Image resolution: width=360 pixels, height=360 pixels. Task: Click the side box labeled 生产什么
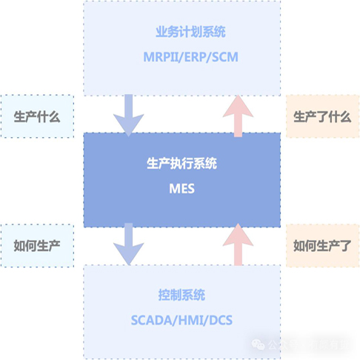pos(37,116)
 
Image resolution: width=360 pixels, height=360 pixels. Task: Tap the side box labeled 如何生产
pos(37,245)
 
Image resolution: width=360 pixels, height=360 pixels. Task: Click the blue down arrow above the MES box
pos(128,116)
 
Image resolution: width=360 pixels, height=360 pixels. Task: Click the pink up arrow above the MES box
pos(238,116)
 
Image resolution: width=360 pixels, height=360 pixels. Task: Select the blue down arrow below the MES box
pos(128,245)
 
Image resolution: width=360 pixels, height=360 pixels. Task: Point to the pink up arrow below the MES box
pos(238,245)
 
